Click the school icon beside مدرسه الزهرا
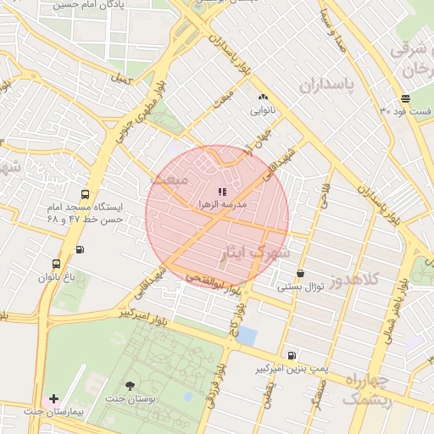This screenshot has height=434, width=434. click(x=222, y=192)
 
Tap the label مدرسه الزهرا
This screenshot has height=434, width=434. click(x=222, y=205)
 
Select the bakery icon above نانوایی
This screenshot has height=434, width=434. click(x=263, y=97)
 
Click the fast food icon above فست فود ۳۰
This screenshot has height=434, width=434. click(x=406, y=98)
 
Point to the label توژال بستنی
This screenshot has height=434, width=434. click(x=301, y=287)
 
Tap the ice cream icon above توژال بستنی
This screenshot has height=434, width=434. click(x=301, y=273)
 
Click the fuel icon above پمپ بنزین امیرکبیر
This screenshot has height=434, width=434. click(x=292, y=356)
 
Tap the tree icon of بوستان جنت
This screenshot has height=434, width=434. click(x=129, y=386)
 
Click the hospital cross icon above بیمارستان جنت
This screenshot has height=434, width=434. click(x=53, y=398)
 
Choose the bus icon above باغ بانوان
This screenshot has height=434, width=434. click(x=57, y=264)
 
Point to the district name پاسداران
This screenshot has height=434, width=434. click(x=325, y=86)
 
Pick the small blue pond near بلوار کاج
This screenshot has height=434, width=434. click(x=246, y=336)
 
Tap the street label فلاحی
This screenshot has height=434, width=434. click(x=325, y=198)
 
